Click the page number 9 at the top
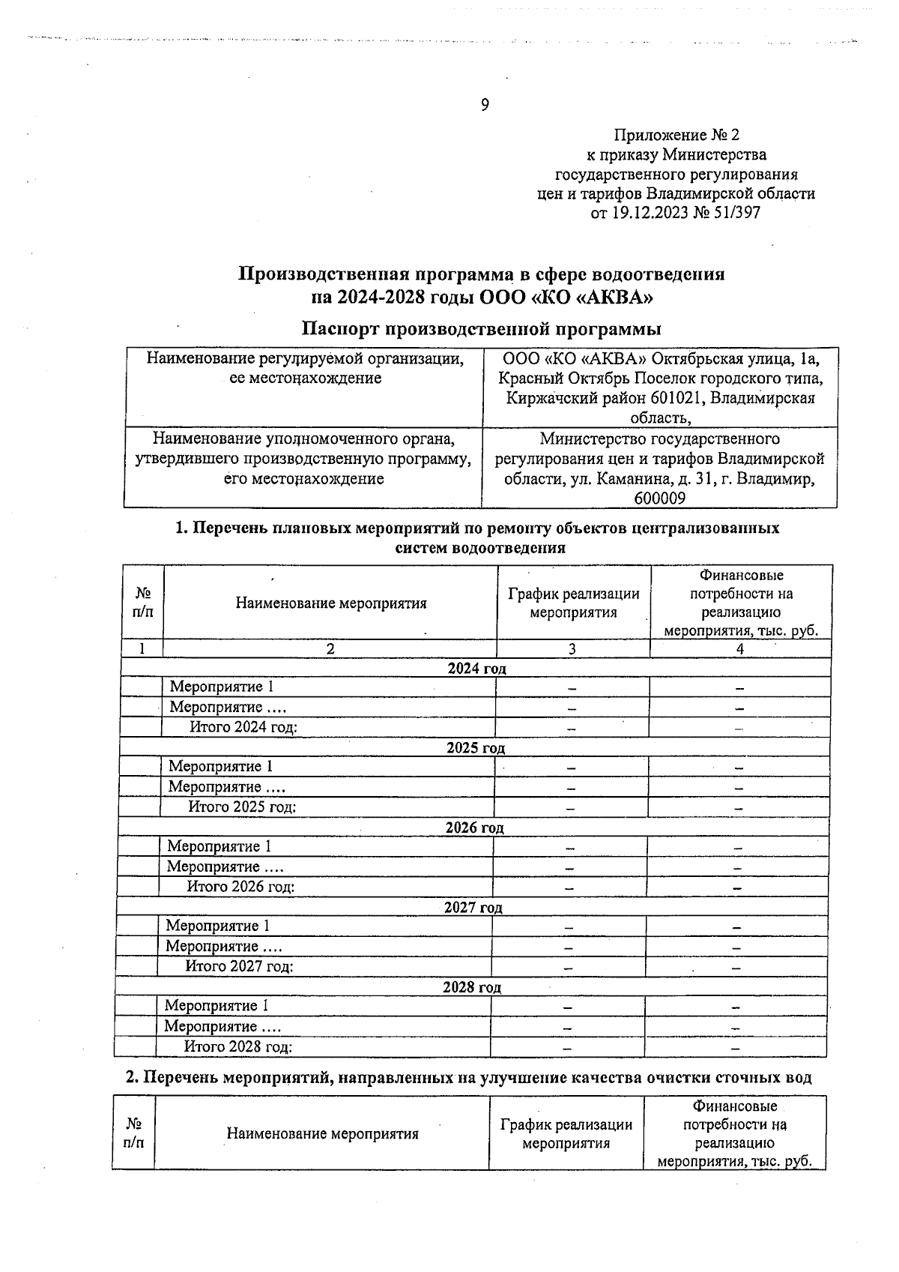tap(485, 105)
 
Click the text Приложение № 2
tap(676, 135)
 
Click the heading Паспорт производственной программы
tap(481, 328)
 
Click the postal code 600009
tap(659, 498)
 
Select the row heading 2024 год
tap(476, 668)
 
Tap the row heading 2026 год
tap(474, 828)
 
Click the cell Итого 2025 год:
tap(242, 807)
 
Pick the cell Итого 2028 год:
tap(238, 1047)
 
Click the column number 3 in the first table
tap(572, 649)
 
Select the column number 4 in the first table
tap(740, 649)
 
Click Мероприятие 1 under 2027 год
tap(217, 926)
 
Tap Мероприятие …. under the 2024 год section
tap(228, 707)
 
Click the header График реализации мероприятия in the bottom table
tap(566, 1133)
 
